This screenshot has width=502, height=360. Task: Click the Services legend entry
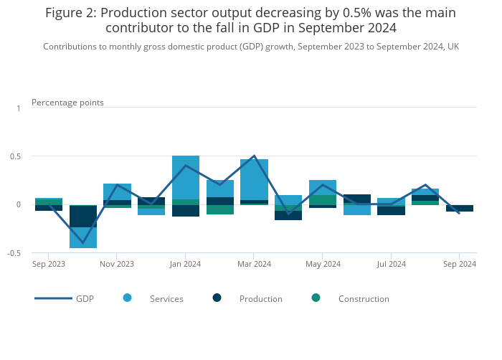[x=166, y=299]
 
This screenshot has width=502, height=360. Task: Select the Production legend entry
[x=260, y=299]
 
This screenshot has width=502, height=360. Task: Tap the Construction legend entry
[x=363, y=299]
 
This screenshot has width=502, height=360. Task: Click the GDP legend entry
[x=85, y=299]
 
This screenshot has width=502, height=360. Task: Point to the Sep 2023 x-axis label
[x=49, y=264]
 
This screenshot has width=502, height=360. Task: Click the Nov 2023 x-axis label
[x=117, y=264]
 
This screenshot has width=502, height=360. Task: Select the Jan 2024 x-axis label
[x=185, y=264]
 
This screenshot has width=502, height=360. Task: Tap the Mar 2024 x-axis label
[x=254, y=264]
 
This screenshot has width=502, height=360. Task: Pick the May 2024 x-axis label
[x=323, y=264]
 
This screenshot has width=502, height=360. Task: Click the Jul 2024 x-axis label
[x=391, y=264]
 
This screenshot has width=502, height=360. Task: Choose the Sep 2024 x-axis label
[x=460, y=264]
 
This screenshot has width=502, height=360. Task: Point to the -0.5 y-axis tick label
[x=16, y=253]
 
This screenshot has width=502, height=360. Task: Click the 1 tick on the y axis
[x=19, y=108]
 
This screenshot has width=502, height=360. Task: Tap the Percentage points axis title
[x=67, y=103]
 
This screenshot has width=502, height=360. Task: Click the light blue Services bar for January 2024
[x=186, y=176]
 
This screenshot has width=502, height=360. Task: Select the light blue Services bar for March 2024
[x=254, y=179]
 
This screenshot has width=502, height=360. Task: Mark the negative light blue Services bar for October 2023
[x=83, y=237]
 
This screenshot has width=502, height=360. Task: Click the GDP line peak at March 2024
[x=254, y=156]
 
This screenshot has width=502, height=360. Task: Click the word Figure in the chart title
[x=65, y=13]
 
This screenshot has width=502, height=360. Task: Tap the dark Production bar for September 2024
[x=460, y=208]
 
